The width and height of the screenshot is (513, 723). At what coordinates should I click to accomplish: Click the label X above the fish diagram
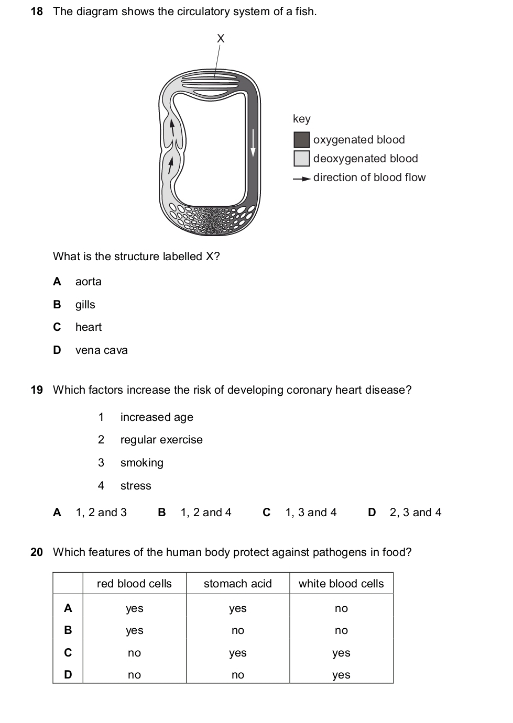point(221,38)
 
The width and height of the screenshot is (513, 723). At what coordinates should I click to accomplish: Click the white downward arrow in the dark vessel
point(253,143)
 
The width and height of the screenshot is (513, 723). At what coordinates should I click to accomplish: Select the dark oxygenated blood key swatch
point(301,140)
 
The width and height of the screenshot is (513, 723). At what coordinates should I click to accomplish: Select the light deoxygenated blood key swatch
point(301,159)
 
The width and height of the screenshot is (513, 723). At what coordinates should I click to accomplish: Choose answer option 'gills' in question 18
point(85,305)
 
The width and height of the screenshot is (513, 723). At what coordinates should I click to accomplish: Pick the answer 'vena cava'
point(101,350)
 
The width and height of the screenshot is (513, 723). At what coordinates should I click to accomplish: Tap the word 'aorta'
point(89,282)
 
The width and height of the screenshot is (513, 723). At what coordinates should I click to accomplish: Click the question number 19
point(37,390)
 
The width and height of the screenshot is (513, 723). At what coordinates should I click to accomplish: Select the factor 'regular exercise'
point(161,440)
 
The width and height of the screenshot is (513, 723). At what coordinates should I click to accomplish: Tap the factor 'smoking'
point(142,463)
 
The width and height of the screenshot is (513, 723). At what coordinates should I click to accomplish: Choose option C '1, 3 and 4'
point(311,513)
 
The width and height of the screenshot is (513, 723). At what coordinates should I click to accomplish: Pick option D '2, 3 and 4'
point(415,513)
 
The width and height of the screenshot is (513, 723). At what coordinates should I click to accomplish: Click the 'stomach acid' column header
point(238,584)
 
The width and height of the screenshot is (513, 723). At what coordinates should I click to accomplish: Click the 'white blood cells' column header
point(341,584)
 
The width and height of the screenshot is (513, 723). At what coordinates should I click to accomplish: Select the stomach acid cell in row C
point(238,653)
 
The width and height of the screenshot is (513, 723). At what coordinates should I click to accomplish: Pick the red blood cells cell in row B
point(135,630)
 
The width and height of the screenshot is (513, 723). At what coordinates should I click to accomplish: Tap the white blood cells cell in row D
point(341,675)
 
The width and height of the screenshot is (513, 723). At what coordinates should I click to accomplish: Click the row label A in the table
point(68,608)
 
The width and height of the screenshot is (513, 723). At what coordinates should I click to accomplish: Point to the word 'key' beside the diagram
point(302,119)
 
